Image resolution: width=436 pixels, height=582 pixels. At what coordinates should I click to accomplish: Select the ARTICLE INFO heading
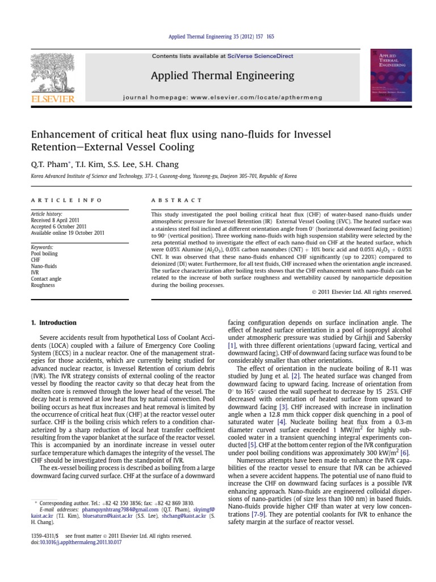pyautogui.click(x=66, y=201)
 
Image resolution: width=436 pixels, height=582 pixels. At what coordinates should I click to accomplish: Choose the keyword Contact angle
pyautogui.click(x=47, y=278)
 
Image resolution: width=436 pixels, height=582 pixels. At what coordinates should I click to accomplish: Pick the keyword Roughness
pyautogui.click(x=43, y=285)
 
